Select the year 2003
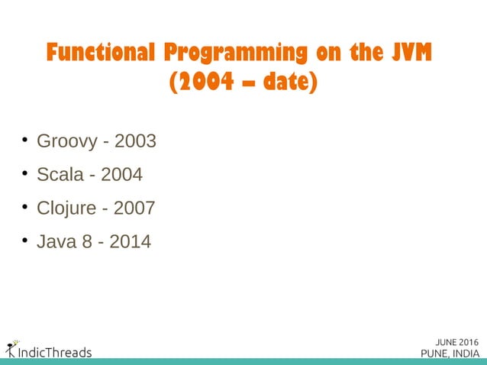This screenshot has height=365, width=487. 135,142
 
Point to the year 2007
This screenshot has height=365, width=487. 134,208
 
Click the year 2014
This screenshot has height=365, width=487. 130,242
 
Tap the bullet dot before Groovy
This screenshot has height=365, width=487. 24,141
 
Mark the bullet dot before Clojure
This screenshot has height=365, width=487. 24,207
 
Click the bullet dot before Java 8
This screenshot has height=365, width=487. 24,241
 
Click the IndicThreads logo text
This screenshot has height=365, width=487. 53,352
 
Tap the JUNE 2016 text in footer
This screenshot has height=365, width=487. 453,341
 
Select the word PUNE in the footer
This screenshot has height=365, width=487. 436,353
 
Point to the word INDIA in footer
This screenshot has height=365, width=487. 466,353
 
